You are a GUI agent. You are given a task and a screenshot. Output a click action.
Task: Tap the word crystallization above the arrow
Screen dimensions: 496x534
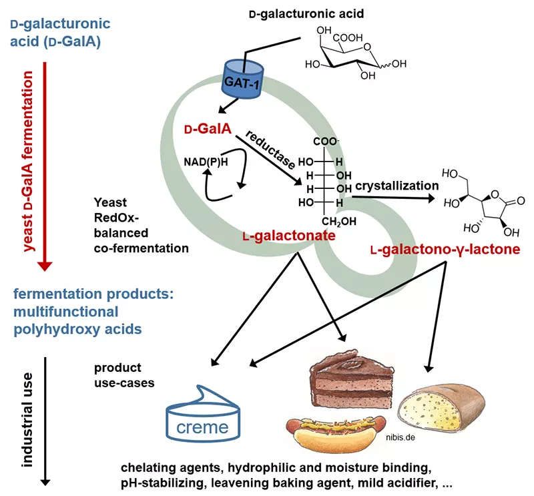[x=397, y=186]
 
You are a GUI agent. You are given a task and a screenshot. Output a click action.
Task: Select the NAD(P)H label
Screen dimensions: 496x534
[x=204, y=160]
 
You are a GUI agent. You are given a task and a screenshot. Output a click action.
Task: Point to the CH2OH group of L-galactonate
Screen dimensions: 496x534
[x=340, y=222]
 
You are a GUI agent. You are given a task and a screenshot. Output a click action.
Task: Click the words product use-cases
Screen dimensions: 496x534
[x=124, y=375]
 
